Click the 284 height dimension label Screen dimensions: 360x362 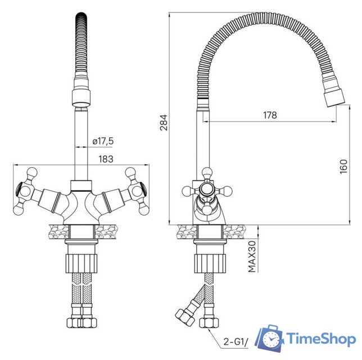(164, 120)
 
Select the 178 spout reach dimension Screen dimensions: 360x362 (270, 115)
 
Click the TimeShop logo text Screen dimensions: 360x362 (321, 339)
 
